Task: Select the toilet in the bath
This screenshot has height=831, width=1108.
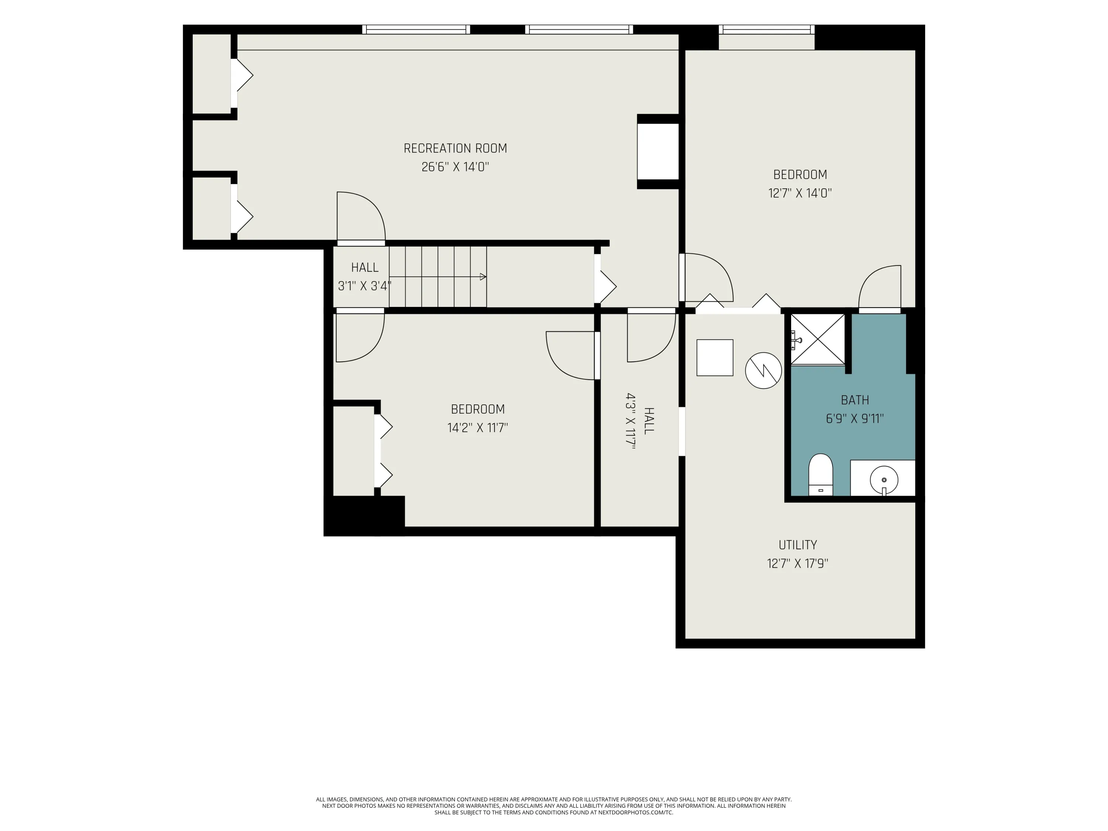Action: coord(821,475)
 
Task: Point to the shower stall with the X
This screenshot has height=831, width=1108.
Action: coord(817,339)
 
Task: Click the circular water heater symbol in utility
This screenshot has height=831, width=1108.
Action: coord(763,371)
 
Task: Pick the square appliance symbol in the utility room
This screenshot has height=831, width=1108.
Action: coord(715,358)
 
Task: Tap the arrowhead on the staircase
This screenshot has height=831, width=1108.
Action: coord(483,277)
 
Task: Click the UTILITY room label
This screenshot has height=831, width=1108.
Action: coord(797,545)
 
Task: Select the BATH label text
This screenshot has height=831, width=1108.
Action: coord(855,400)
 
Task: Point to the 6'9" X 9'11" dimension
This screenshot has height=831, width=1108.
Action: coord(855,419)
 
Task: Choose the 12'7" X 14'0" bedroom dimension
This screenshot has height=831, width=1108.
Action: coord(800,194)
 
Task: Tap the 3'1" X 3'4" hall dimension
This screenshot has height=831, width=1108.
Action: coord(365,286)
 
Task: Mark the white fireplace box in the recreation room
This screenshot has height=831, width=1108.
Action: coord(658,151)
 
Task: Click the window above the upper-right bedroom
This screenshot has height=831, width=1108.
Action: coord(766,30)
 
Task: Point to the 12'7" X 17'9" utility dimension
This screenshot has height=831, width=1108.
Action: coord(797,564)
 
